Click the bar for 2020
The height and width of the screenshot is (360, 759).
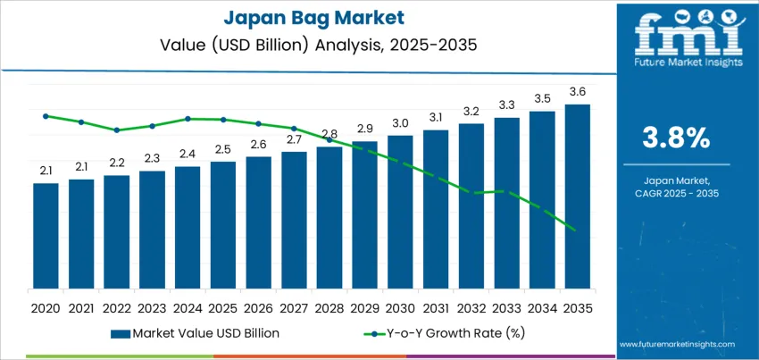pyautogui.click(x=46, y=236)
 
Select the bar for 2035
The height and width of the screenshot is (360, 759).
pyautogui.click(x=578, y=197)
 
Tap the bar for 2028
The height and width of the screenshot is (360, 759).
pyautogui.click(x=329, y=218)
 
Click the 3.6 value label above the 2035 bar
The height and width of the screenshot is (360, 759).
pyautogui.click(x=578, y=92)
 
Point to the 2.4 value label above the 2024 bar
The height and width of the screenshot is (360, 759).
pyautogui.click(x=188, y=154)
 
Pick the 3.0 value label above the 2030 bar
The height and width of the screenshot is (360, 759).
pyautogui.click(x=400, y=122)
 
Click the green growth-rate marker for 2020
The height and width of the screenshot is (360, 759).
pyautogui.click(x=46, y=115)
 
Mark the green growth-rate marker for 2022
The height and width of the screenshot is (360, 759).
pyautogui.click(x=117, y=130)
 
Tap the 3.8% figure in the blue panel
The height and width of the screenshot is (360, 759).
pyautogui.click(x=676, y=137)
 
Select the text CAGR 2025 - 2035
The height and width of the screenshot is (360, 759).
pyautogui.click(x=676, y=193)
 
